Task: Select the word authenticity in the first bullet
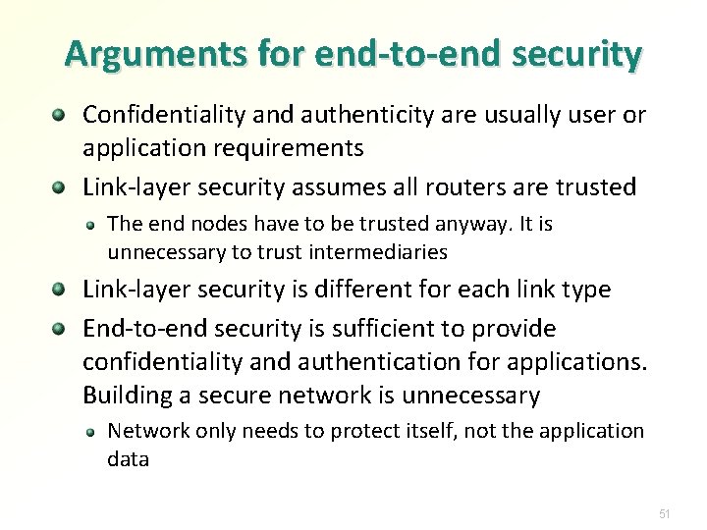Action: tap(348, 116)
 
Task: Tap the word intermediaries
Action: tap(378, 252)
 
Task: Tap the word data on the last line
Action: tap(128, 459)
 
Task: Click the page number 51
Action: tap(664, 513)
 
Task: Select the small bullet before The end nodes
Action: tap(90, 225)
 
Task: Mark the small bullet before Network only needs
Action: tap(90, 432)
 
